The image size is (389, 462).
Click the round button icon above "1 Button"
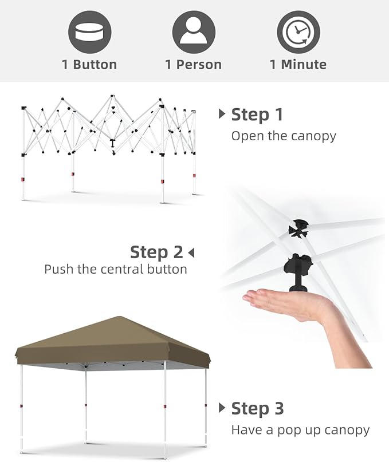[89, 32]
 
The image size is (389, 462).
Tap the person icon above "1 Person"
[194, 32]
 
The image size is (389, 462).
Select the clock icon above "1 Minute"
[298, 32]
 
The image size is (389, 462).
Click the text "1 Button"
[89, 65]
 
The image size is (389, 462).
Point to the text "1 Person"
[194, 65]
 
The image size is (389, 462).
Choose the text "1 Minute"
[298, 65]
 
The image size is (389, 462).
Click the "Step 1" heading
[257, 114]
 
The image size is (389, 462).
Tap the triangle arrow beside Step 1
[222, 114]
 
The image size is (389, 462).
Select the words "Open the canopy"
[284, 136]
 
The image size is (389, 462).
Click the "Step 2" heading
[156, 252]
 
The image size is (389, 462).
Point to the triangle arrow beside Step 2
[191, 252]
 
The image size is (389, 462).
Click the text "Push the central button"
[116, 269]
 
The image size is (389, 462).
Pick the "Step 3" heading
[257, 409]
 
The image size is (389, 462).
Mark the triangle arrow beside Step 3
[222, 408]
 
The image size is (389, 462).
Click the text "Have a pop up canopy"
[300, 430]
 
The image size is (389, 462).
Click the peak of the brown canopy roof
[119, 317]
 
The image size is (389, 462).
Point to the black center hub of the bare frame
[112, 143]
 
